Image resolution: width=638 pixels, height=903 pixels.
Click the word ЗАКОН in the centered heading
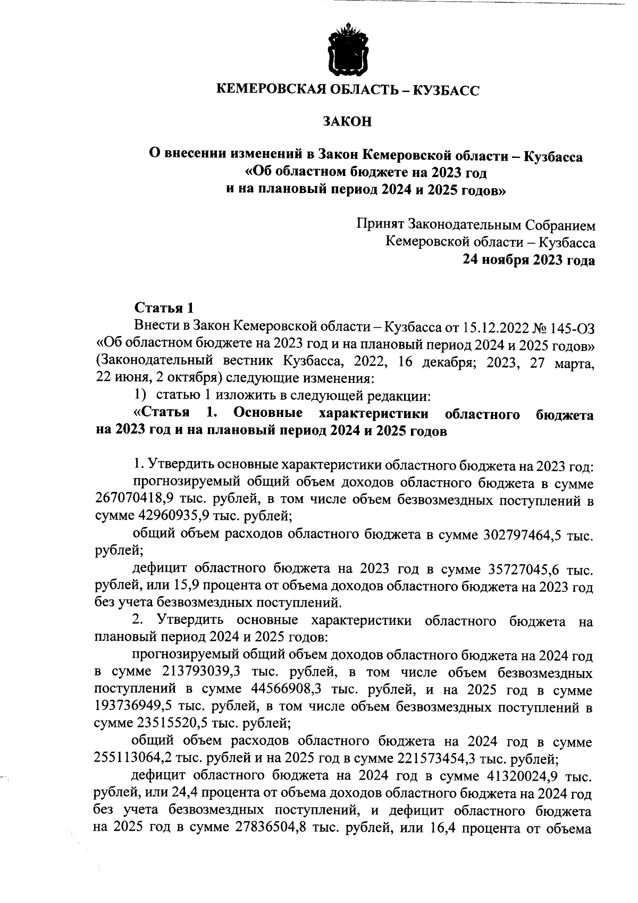pos(347,122)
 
